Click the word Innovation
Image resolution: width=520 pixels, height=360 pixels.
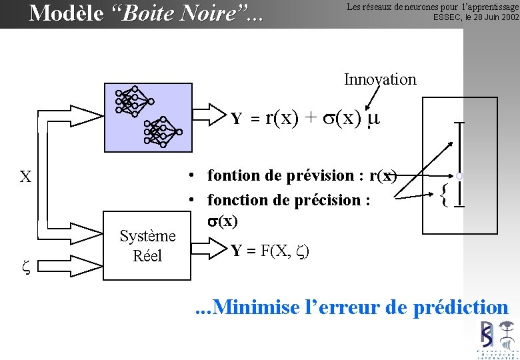click(380, 80)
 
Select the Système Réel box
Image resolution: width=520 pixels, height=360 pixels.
click(147, 245)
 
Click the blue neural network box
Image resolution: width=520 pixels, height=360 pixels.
click(147, 115)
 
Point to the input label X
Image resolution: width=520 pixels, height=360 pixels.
click(25, 177)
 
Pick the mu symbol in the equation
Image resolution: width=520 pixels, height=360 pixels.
click(373, 119)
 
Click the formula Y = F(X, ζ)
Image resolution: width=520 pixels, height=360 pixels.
click(270, 251)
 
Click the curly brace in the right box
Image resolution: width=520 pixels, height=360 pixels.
click(445, 193)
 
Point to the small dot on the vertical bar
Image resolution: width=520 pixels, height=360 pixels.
click(459, 176)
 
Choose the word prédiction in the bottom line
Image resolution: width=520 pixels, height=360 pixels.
click(461, 307)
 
